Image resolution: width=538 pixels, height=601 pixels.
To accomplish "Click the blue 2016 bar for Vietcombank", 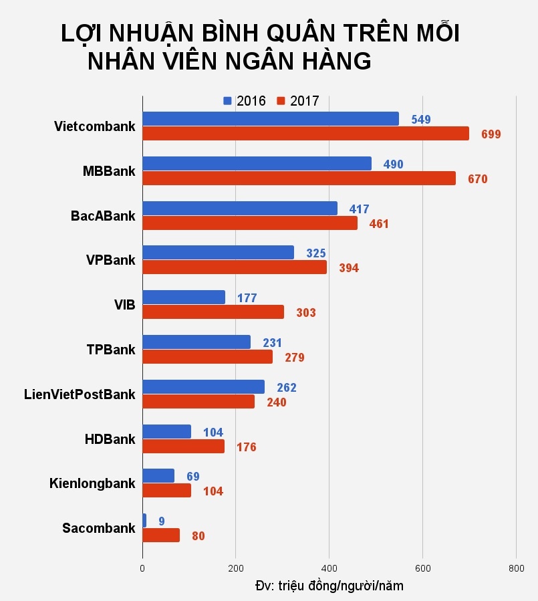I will coord(270,119).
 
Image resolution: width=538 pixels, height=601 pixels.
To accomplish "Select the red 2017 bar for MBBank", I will coord(299,178).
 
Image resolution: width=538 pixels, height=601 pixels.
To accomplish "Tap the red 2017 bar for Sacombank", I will coord(161,535).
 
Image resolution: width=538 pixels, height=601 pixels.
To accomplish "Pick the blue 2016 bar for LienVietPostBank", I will coord(203,387).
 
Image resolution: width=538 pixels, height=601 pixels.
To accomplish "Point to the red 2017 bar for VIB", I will coord(213,312).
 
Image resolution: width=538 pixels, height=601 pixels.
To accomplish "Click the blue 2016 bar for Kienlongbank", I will coord(158,476).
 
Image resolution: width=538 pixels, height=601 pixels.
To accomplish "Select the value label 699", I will coord(491,134).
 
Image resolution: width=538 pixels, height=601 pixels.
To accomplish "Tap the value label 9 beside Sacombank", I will coord(162,521).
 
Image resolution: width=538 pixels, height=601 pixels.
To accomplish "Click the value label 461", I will coord(378,223).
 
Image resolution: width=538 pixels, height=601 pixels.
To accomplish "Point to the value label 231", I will coord(272,343).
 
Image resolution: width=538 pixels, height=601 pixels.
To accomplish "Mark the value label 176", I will coord(246,447).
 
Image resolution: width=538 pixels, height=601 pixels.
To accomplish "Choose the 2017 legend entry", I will coord(298,101).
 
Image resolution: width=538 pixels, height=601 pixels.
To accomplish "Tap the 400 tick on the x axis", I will coord(329,568).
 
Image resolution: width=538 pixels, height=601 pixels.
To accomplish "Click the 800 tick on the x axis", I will coord(515,568).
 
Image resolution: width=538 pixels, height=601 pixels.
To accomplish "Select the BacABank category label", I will coord(103,216).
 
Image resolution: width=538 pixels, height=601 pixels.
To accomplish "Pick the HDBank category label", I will coord(110,439).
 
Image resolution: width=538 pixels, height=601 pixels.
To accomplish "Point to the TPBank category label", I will coord(110,350).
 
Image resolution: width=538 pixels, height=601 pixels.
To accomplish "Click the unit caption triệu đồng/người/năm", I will coord(329,586).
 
